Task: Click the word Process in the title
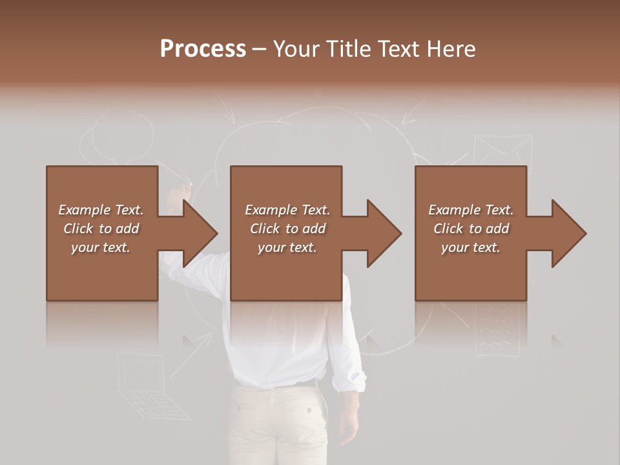(203, 49)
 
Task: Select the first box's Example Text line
(101, 210)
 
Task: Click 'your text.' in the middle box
(287, 247)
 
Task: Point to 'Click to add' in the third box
(471, 229)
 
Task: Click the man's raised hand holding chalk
(176, 194)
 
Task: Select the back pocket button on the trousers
(309, 409)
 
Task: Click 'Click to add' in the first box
(101, 229)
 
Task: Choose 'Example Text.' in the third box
(471, 210)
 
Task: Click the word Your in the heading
(294, 49)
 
